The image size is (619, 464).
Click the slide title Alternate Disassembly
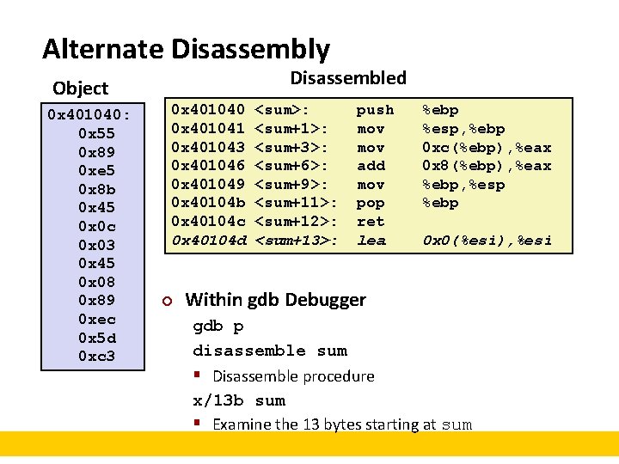click(x=186, y=48)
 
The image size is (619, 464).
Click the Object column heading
click(x=80, y=89)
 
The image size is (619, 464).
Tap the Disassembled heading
click(x=347, y=78)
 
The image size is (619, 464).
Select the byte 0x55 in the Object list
click(x=96, y=133)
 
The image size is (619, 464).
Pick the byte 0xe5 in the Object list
click(x=96, y=170)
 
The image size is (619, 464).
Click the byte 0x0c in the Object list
click(x=96, y=226)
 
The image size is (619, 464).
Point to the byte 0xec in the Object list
click(x=96, y=319)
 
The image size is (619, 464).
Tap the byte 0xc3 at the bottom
click(x=96, y=356)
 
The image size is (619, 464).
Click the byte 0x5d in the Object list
click(x=96, y=337)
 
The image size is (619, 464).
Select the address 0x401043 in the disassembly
click(x=209, y=147)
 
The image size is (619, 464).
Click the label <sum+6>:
click(x=291, y=166)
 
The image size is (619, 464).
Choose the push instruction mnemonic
click(x=375, y=110)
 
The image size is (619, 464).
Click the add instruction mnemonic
click(x=371, y=166)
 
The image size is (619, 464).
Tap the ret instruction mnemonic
click(x=371, y=222)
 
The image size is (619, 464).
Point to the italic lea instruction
click(x=371, y=241)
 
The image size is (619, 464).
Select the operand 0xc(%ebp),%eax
click(x=486, y=147)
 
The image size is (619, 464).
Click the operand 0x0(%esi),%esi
click(x=486, y=241)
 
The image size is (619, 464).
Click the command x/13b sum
click(x=239, y=400)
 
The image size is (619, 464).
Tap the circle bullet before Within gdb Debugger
click(x=169, y=301)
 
